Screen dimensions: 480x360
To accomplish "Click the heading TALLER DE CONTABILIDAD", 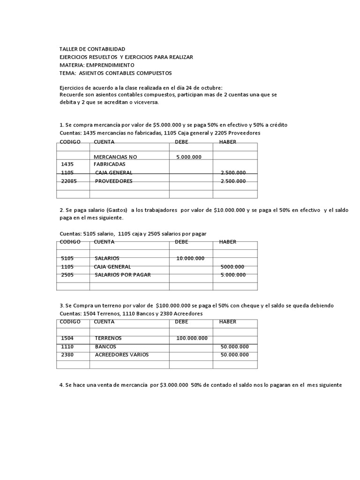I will tap(92, 49).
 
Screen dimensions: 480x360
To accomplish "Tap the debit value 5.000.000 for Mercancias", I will tap(189, 157).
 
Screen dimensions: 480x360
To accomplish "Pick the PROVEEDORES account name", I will tap(113, 181).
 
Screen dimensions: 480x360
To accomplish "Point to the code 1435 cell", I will tap(68, 165).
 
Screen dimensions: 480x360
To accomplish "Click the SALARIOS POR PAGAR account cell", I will tap(122, 275).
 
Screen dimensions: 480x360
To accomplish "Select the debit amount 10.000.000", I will tap(190, 258).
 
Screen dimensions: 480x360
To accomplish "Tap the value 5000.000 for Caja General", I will tap(232, 267).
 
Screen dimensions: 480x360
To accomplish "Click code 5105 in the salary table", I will tap(68, 258).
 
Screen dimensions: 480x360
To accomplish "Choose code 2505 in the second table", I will tap(68, 275).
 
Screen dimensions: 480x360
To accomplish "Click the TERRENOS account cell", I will tap(108, 338).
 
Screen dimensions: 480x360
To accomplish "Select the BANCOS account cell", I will tap(105, 346).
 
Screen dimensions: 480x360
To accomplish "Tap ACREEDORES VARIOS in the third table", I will tap(121, 355).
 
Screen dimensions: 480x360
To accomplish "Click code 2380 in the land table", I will tap(68, 355).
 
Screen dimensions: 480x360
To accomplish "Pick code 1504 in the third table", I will tap(68, 338).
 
